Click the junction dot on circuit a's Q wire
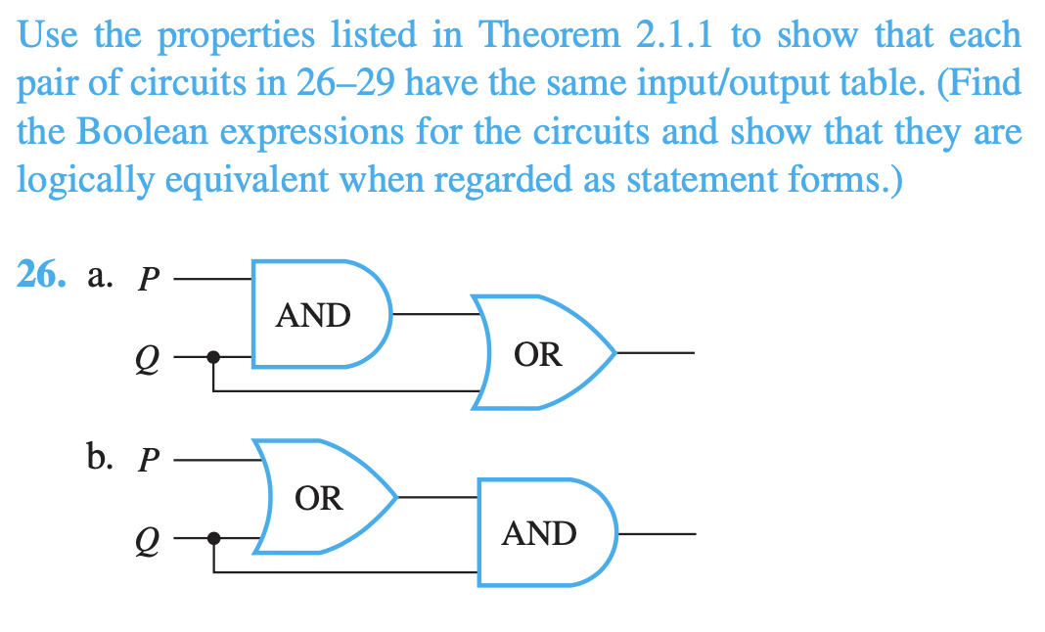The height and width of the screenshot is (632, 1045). [x=215, y=357]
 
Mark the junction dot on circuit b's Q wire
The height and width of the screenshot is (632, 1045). [x=215, y=536]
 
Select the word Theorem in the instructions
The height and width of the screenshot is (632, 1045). [x=549, y=36]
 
